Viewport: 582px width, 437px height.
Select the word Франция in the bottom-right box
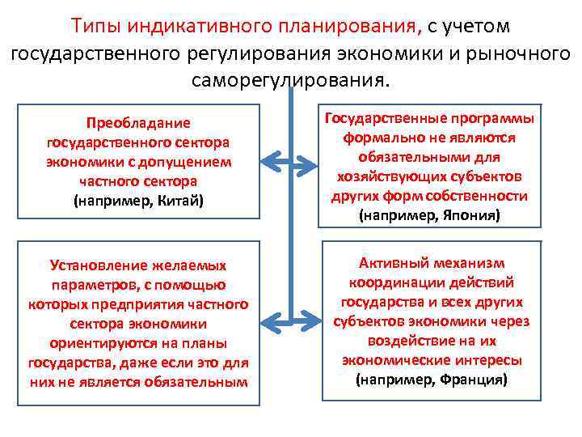point(470,380)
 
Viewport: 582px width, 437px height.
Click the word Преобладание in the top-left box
point(138,123)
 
